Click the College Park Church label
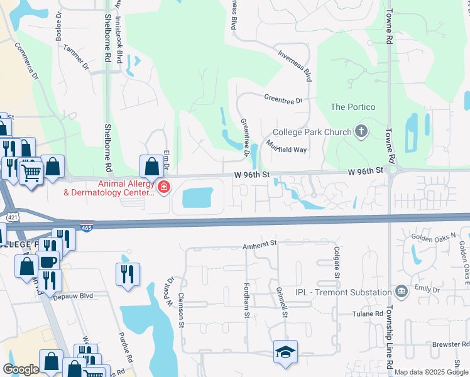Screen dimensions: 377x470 click(312, 133)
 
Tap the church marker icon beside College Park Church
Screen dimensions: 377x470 click(361, 132)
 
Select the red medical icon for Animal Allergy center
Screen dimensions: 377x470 click(163, 187)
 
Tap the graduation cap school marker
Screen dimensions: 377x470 click(285, 352)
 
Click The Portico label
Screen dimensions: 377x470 click(352, 107)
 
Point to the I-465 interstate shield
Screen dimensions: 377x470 click(87, 227)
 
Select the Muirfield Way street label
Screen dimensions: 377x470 click(286, 146)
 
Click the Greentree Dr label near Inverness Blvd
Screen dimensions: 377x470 click(283, 99)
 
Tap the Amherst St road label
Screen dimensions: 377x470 click(260, 248)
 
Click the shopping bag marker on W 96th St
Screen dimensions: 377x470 click(151, 168)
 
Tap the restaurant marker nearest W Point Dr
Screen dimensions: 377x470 click(126, 273)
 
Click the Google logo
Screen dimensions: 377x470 click(20, 369)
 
